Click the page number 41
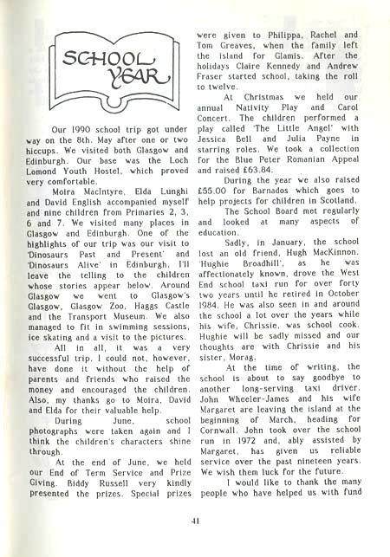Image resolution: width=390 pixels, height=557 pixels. (x=194, y=521)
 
